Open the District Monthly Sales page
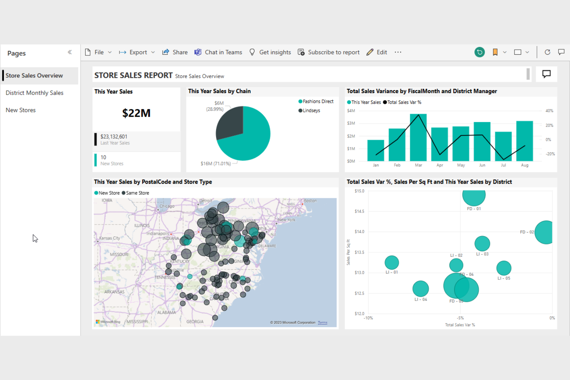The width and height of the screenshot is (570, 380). tap(34, 93)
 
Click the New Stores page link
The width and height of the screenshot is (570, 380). tap(21, 110)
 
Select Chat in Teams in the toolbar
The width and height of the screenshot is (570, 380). tap(218, 52)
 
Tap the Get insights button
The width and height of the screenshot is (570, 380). tap(270, 52)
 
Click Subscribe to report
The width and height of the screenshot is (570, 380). tap(329, 52)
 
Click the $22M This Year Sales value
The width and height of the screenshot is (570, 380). tap(136, 113)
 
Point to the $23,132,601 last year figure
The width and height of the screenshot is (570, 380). tap(114, 137)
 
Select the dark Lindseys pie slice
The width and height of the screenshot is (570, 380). tap(230, 122)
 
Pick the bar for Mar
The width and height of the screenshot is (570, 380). tap(418, 138)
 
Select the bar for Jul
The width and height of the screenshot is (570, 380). tap(503, 147)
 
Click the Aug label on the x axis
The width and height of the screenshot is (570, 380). tap(525, 165)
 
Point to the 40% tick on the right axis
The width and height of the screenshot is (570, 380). tap(549, 111)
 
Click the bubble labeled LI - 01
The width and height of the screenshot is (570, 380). tap(392, 263)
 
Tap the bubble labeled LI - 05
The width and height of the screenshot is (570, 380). tap(503, 268)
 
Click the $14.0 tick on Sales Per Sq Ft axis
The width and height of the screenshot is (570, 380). tap(359, 232)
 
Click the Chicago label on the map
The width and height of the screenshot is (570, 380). tap(167, 206)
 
